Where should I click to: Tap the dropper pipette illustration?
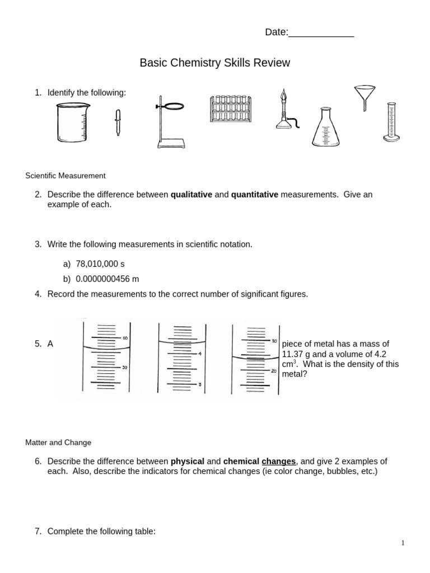[118, 123]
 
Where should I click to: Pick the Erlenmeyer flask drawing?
[325, 128]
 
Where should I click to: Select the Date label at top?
[276, 32]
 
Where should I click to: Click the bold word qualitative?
[191, 194]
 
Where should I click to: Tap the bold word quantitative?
[254, 194]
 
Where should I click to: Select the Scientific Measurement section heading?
[66, 176]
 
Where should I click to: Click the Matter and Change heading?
[58, 442]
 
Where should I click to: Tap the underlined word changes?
[278, 461]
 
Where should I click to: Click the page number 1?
[403, 543]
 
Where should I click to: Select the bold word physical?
[188, 461]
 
